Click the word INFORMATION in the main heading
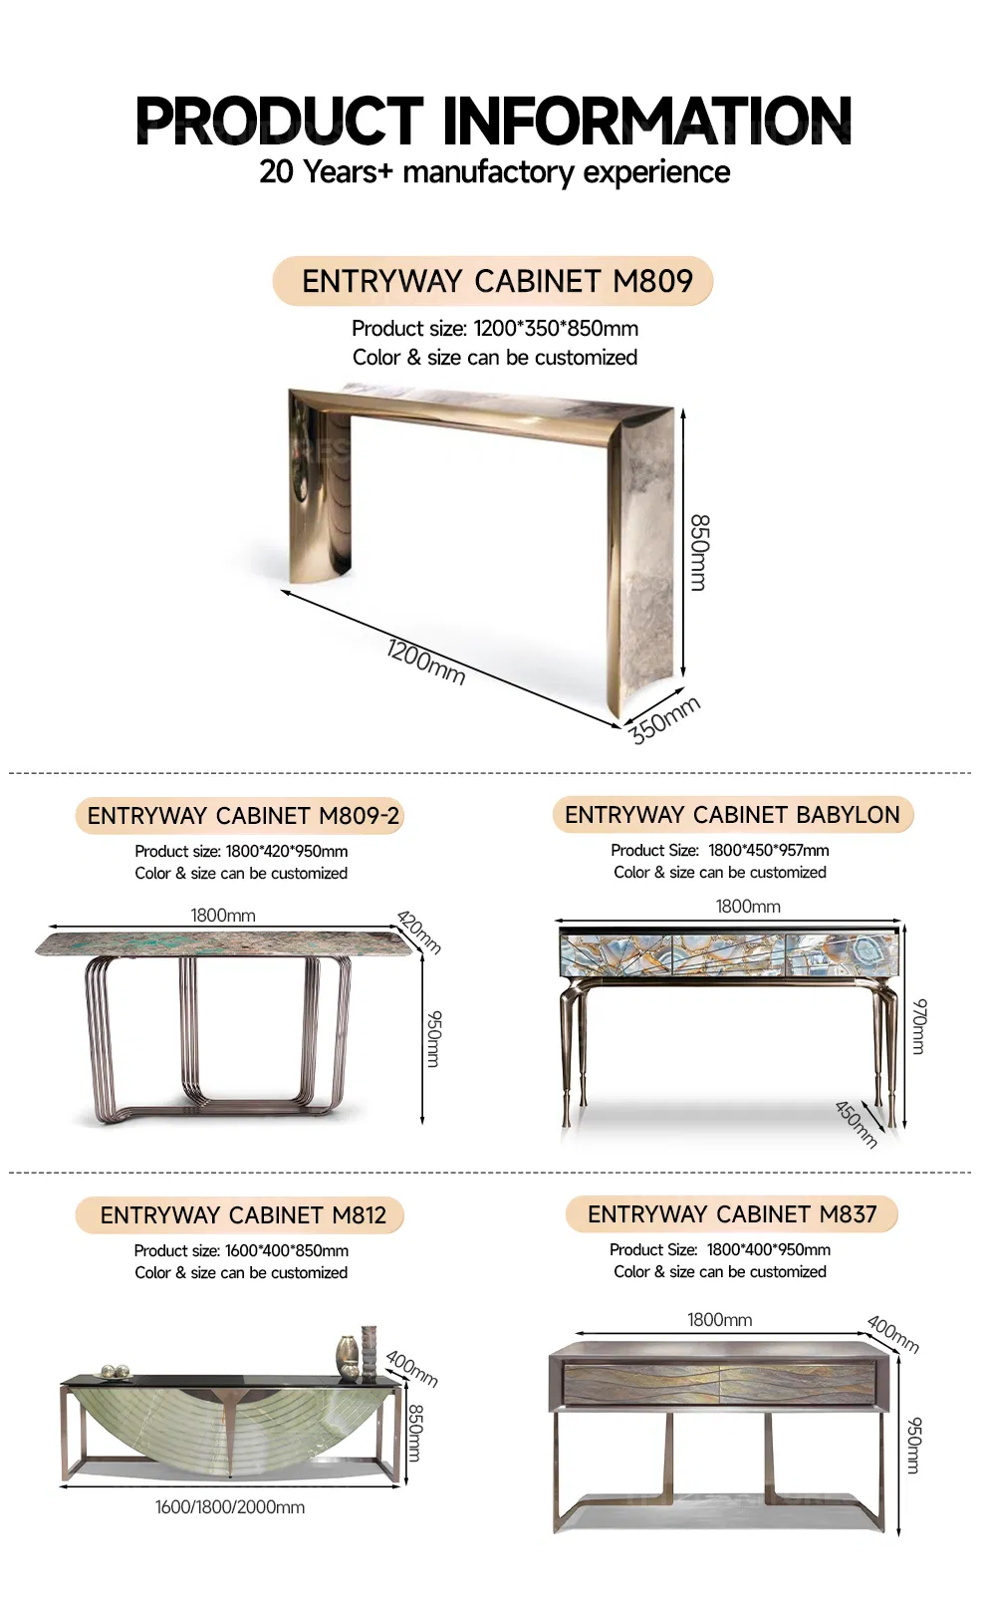pos(646,122)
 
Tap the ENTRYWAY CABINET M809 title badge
pos(494,281)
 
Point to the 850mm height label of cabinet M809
pos(699,552)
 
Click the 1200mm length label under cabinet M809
pos(425,663)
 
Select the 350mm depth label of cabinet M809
pos(664,719)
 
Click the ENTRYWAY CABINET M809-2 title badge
pos(242,816)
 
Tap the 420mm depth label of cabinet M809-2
pos(419,932)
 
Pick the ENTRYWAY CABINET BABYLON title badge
pos(732,815)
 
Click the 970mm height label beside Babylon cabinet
pos(919,1025)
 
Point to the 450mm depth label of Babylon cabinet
pos(856,1124)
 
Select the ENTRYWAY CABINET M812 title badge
pos(242,1215)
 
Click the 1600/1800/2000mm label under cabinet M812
pos(229,1507)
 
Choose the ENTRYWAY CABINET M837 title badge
pos(732,1214)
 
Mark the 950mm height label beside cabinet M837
pos(914,1445)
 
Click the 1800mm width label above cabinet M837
pos(719,1320)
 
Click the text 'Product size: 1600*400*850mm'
pos(241,1250)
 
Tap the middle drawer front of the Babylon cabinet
pos(729,953)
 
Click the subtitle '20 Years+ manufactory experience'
pos(494,171)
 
